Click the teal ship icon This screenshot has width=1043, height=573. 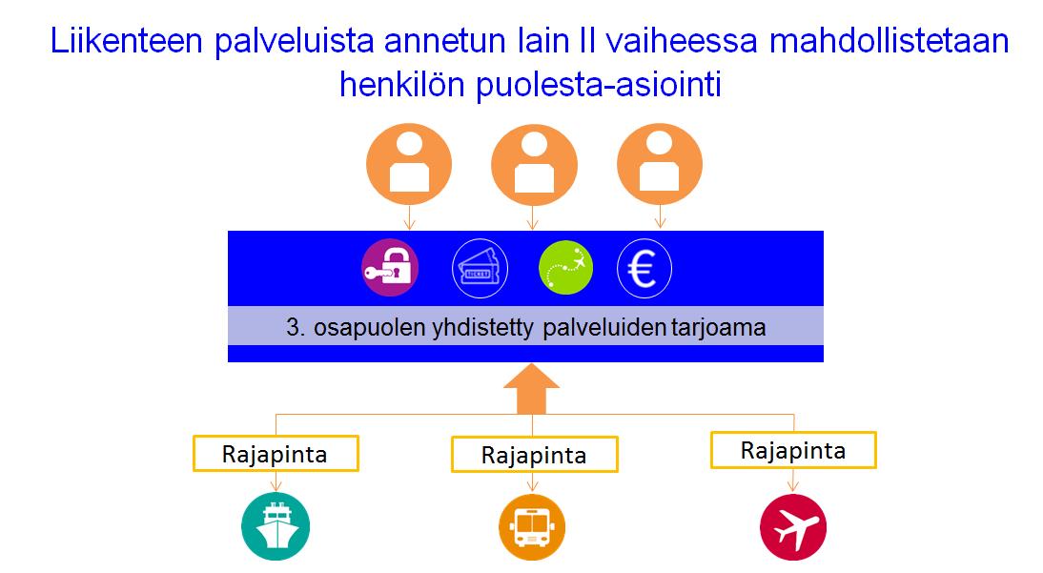click(x=276, y=526)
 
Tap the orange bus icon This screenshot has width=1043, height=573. click(x=531, y=528)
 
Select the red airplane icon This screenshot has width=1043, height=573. click(x=793, y=527)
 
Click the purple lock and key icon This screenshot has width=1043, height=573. click(x=390, y=268)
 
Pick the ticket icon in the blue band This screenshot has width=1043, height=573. click(x=480, y=268)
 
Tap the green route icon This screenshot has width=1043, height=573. click(x=565, y=268)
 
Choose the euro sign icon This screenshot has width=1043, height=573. click(x=644, y=268)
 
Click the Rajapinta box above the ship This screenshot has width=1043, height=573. click(x=276, y=454)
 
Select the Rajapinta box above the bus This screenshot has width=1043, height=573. click(x=534, y=455)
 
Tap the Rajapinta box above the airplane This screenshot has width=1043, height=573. click(x=793, y=451)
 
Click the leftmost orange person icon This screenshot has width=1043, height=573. click(x=409, y=164)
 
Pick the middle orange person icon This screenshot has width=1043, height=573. click(x=534, y=164)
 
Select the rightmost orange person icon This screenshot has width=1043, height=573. click(x=659, y=164)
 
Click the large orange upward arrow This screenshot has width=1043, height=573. click(x=532, y=389)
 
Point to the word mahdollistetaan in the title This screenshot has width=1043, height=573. click(x=890, y=41)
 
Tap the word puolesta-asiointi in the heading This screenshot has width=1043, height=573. click(x=599, y=86)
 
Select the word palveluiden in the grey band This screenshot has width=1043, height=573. click(x=604, y=327)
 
